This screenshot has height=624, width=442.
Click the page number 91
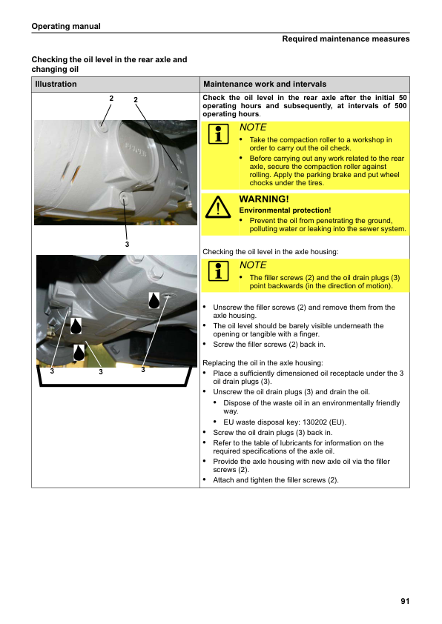pos(405,601)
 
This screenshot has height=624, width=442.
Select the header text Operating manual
pos(66,26)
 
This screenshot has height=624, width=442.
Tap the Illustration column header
pos(56,84)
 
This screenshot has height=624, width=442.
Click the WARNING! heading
pos(264,199)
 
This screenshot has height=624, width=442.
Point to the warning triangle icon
pos(218,207)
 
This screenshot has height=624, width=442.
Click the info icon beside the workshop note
pos(218,133)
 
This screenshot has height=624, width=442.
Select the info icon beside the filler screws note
pos(218,271)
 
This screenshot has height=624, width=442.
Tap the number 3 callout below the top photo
pos(127,245)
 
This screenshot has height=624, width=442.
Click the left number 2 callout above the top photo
pos(111,99)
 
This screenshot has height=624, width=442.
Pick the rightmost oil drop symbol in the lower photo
pos(154,300)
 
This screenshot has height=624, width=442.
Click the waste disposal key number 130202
pos(316,422)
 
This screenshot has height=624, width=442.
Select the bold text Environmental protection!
pos(285,210)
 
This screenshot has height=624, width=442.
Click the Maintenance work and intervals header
pos(265,84)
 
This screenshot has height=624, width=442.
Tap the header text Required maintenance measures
pos(346,39)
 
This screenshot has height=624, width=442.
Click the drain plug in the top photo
pos(124,196)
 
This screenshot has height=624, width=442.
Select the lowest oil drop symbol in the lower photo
pos(79,353)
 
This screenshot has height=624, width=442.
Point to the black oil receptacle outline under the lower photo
pos(114,385)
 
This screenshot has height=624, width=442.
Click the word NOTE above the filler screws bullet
pos(253,265)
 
